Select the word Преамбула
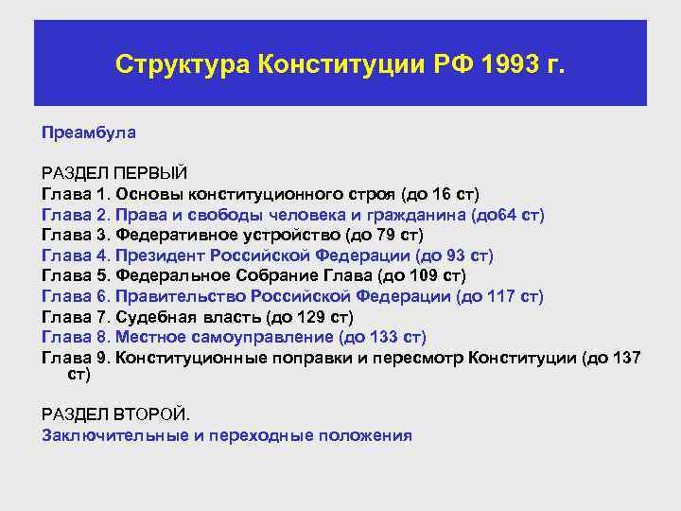tap(89, 132)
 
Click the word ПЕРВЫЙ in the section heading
tap(150, 173)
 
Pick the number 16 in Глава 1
tap(442, 194)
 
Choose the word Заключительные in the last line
tap(108, 435)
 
